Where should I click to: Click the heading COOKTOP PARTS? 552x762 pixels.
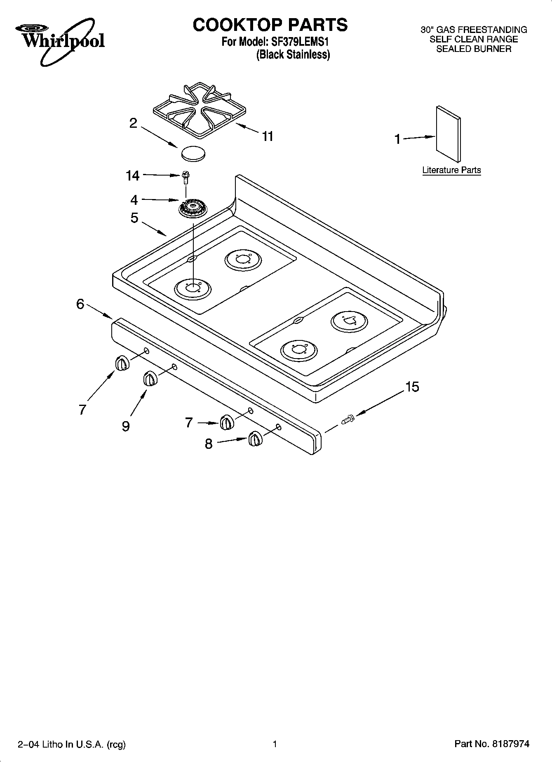pyautogui.click(x=270, y=25)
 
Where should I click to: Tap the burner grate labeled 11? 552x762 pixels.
pyautogui.click(x=200, y=109)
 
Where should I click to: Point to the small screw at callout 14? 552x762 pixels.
pyautogui.click(x=186, y=177)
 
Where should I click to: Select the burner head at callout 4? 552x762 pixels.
pyautogui.click(x=193, y=207)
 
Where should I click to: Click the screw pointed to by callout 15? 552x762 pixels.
pyautogui.click(x=348, y=420)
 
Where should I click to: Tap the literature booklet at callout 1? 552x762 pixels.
pyautogui.click(x=448, y=134)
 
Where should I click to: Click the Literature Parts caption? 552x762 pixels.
pyautogui.click(x=451, y=170)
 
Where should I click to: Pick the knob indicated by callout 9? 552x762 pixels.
pyautogui.click(x=150, y=379)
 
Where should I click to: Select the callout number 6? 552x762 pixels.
pyautogui.click(x=80, y=304)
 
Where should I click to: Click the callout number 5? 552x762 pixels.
pyautogui.click(x=134, y=218)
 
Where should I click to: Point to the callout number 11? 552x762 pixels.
pyautogui.click(x=268, y=136)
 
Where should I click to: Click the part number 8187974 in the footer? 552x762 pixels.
pyautogui.click(x=510, y=744)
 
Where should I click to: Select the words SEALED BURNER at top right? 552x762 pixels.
pyautogui.click(x=474, y=49)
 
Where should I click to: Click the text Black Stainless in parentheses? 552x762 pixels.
pyautogui.click(x=293, y=55)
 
